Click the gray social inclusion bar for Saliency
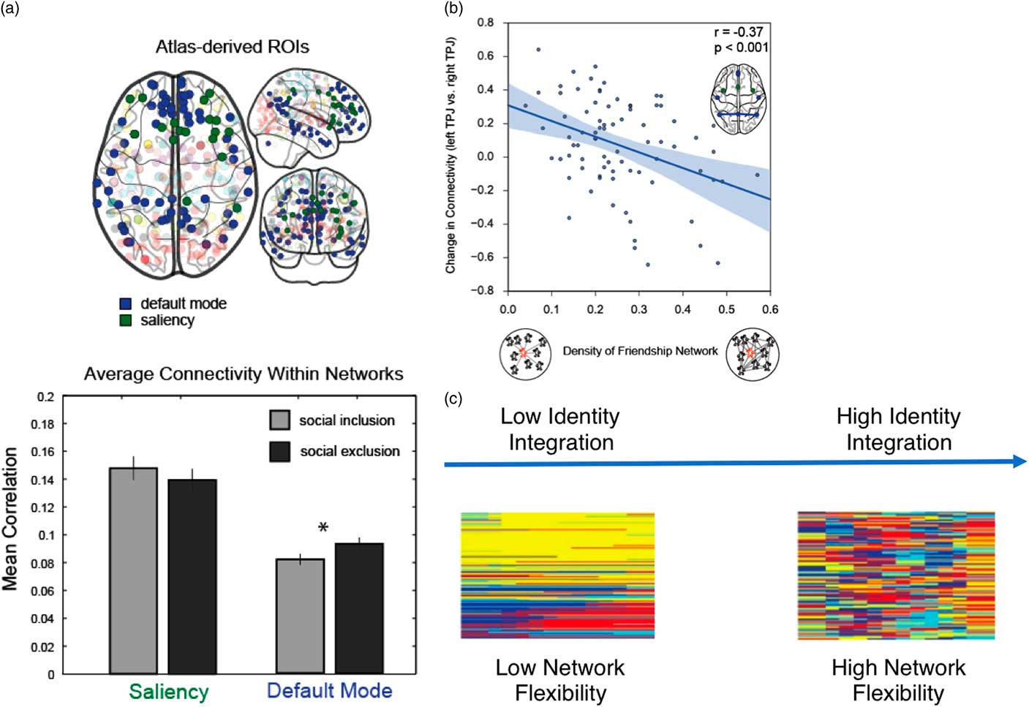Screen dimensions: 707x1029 click(133, 570)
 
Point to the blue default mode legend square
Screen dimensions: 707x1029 click(125, 303)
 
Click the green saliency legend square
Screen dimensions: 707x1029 click(125, 320)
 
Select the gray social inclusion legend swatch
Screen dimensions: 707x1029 click(280, 420)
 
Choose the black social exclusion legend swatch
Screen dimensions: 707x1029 click(280, 451)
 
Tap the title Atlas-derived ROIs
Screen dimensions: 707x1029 click(233, 47)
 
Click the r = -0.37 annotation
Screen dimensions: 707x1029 click(739, 32)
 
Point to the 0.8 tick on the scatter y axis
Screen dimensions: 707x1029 click(486, 23)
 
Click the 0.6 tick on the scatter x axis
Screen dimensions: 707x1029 click(770, 309)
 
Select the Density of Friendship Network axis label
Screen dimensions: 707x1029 click(640, 351)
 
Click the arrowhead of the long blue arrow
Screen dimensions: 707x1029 click(1020, 461)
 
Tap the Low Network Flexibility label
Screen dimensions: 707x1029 click(560, 680)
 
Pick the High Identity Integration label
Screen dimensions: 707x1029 click(899, 429)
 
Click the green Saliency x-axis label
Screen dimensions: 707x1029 click(169, 692)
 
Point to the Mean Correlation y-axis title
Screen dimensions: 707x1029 click(10, 519)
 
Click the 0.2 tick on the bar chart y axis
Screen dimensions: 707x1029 click(46, 397)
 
